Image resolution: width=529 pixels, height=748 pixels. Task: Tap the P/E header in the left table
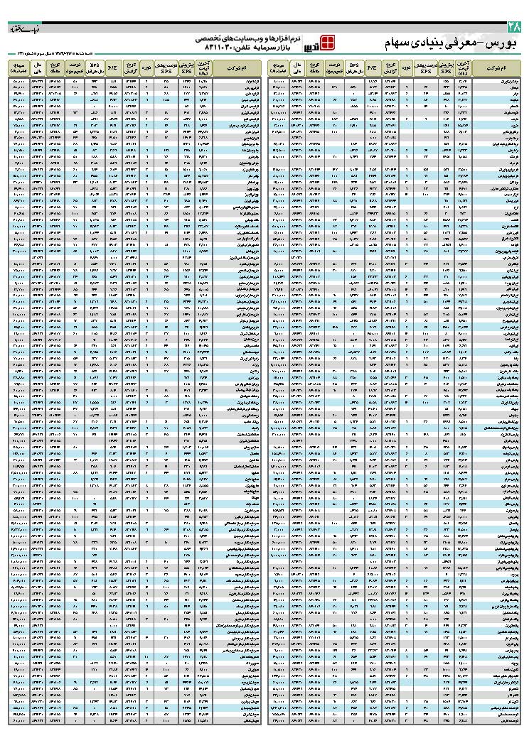point(112,68)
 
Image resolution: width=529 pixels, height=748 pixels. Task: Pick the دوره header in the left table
point(146,68)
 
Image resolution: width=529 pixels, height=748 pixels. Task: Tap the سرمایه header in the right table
point(277,68)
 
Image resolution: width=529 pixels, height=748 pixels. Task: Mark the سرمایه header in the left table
point(18,68)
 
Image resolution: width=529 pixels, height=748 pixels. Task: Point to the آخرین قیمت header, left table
point(203,68)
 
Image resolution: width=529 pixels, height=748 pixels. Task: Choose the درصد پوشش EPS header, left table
point(166,68)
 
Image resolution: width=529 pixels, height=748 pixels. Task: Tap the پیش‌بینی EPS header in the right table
point(446,68)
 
